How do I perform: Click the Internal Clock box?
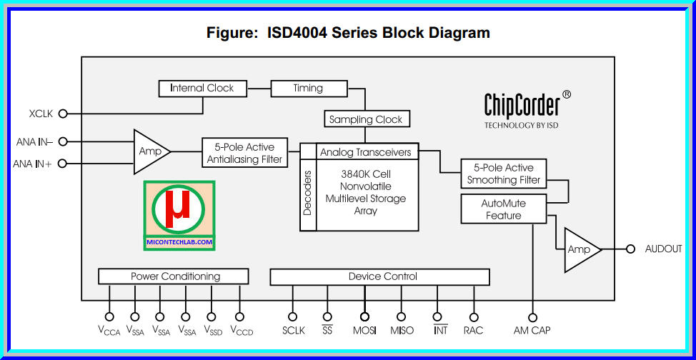202,89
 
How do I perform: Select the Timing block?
308,89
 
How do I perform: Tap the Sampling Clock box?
366,119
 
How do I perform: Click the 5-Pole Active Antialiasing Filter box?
244,153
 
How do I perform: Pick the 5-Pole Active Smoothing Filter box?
504,174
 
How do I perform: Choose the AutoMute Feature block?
503,209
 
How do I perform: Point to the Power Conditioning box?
174,276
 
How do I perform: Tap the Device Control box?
379,276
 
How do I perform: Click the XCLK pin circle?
62,114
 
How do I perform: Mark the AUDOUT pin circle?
630,249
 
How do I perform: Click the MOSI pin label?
364,331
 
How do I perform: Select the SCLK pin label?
293,331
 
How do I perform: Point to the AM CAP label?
532,331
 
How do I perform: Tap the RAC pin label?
473,331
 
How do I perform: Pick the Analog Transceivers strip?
366,152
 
